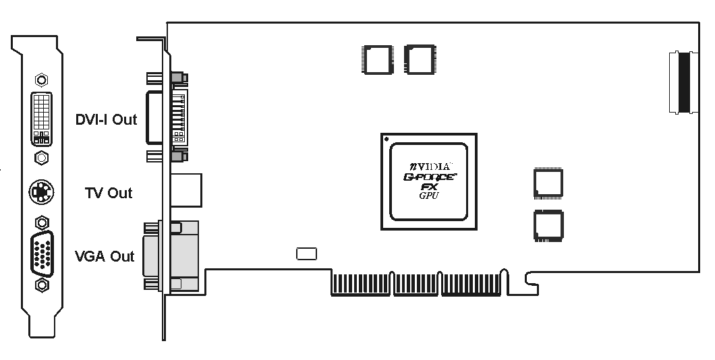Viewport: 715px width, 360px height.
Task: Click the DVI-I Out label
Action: (106, 120)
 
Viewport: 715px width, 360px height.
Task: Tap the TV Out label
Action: (109, 193)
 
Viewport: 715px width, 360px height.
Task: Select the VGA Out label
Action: (105, 256)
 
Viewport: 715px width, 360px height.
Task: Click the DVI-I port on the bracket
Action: (41, 119)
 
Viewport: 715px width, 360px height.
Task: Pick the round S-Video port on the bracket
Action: (41, 193)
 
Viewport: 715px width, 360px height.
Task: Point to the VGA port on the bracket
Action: (41, 253)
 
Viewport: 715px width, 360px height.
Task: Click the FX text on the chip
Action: (429, 187)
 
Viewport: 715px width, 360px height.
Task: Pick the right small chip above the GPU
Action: (417, 59)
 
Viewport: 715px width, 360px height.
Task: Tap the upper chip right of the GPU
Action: (548, 183)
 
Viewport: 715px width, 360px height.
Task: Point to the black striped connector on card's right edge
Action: (685, 82)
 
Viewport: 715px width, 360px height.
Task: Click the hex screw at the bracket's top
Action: (41, 80)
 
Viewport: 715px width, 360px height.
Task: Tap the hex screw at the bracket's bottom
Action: (41, 285)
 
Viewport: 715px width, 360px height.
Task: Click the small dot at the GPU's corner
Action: (386, 140)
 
